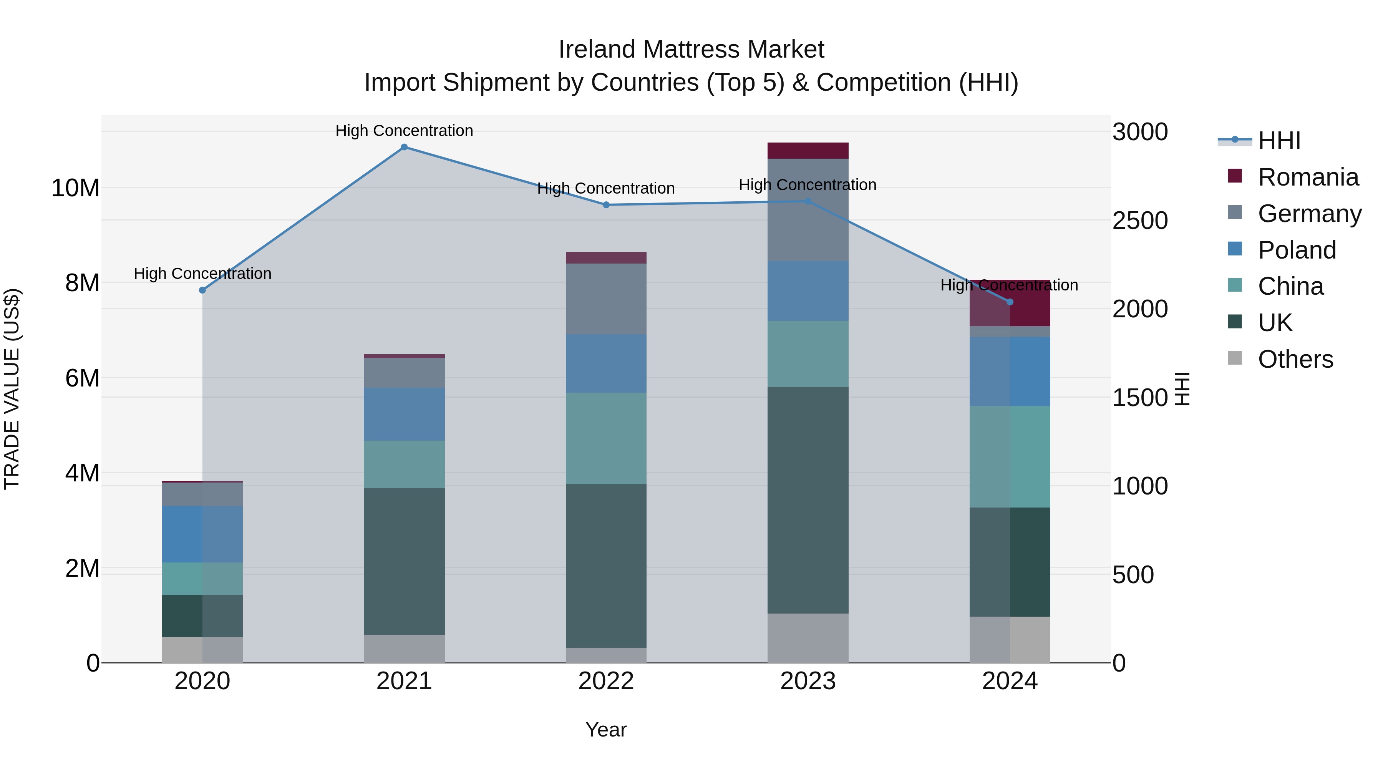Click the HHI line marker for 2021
coord(404,147)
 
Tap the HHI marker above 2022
coord(606,204)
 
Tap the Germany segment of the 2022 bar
coord(606,299)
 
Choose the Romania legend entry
coord(1308,177)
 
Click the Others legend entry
coord(1295,359)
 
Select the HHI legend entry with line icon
coord(1279,141)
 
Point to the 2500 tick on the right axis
coord(1140,221)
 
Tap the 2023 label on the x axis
coord(808,681)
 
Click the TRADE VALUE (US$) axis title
coord(12,389)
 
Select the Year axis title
coord(606,730)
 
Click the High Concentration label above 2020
coord(202,274)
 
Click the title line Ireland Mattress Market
coord(691,50)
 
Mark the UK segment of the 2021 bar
coord(404,561)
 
